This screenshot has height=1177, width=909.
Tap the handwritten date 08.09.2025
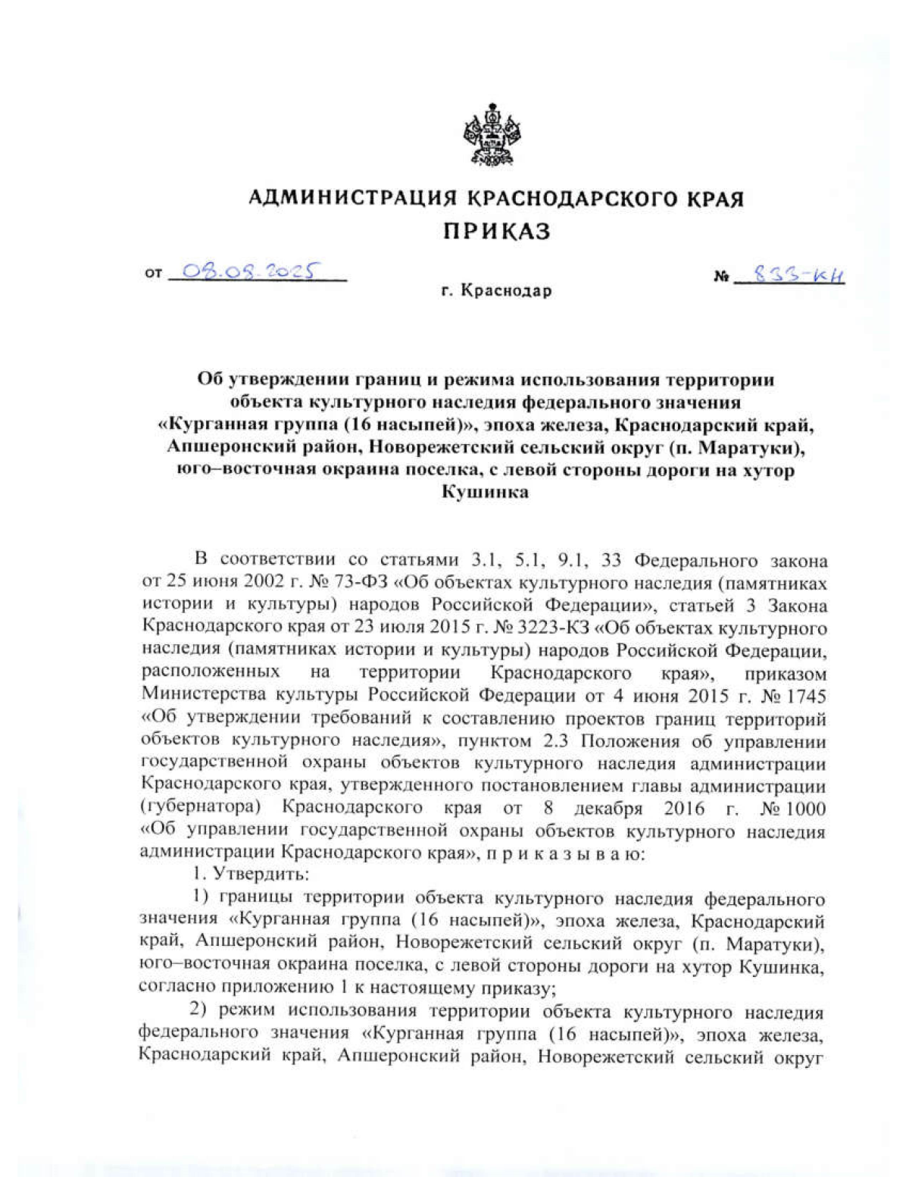[x=243, y=271]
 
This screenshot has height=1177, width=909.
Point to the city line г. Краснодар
[x=496, y=291]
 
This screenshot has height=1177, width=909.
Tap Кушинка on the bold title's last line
[x=485, y=493]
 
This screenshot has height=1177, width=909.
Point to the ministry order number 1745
[x=804, y=696]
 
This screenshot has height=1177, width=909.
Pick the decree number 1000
[x=804, y=809]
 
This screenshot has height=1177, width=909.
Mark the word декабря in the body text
[x=607, y=809]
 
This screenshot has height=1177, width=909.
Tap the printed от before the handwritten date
[x=153, y=274]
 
